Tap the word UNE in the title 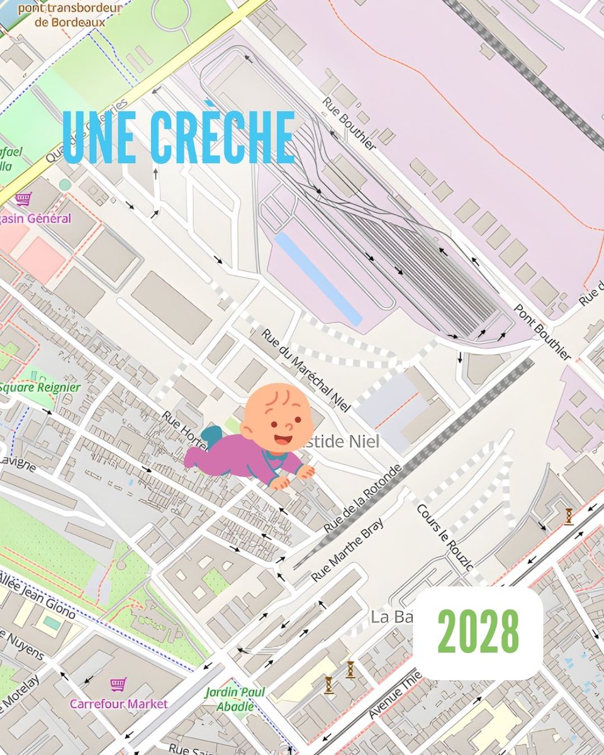[101, 137]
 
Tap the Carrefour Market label [119, 703]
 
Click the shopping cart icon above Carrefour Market [115, 685]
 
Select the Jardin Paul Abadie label [235, 699]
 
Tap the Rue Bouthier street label [349, 123]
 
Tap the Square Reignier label [40, 387]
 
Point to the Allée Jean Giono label [38, 595]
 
